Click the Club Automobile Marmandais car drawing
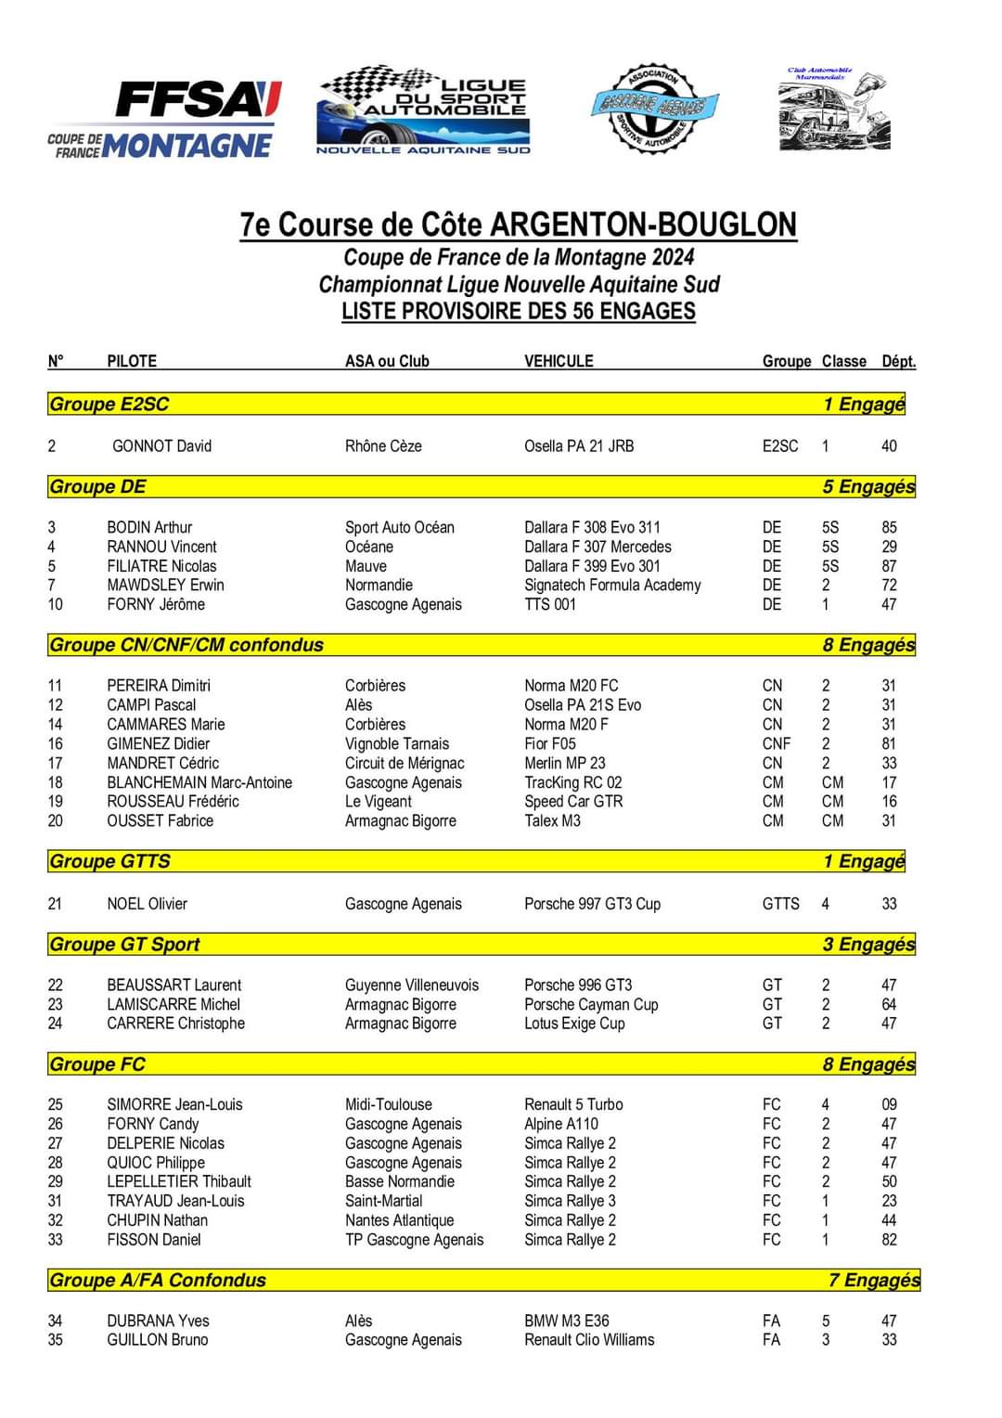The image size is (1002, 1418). point(833,109)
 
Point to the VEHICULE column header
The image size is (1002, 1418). point(559,361)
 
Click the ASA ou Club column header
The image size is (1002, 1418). point(387,361)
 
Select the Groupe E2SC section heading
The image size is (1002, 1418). point(109,404)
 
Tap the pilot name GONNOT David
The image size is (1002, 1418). point(161,445)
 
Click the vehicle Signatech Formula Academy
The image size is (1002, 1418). point(612,585)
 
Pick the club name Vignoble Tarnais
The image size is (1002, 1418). point(397,743)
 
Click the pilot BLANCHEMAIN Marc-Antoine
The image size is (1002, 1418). point(199,782)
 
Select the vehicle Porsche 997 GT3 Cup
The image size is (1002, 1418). point(592,903)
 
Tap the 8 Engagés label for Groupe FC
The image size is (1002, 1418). point(868,1063)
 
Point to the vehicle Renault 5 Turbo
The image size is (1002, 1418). point(573,1104)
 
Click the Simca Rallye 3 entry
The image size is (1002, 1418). point(570,1201)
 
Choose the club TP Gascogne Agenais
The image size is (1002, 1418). point(414,1240)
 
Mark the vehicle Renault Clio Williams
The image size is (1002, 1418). point(589,1340)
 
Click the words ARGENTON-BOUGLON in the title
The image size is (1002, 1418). point(643,226)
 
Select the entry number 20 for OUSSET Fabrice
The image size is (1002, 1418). point(56,820)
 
